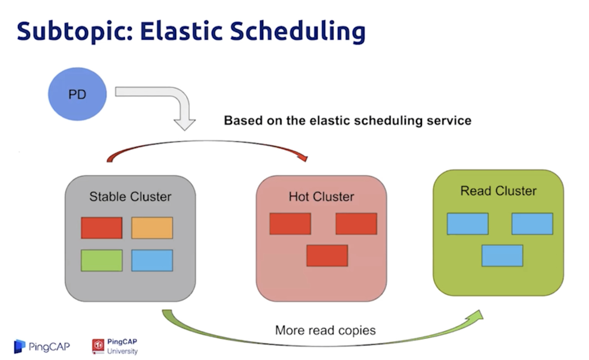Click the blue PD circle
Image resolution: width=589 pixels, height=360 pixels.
click(77, 94)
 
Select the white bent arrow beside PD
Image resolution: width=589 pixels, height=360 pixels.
click(180, 100)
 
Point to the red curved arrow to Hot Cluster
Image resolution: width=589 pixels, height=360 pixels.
click(207, 143)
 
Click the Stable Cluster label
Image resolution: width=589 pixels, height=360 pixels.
click(130, 197)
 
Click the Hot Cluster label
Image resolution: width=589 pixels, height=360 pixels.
click(321, 197)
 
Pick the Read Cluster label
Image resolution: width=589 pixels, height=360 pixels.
click(498, 191)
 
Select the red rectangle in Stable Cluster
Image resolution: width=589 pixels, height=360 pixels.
click(102, 228)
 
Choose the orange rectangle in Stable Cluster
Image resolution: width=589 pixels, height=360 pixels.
click(152, 228)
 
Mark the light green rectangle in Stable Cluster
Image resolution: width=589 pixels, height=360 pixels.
click(102, 260)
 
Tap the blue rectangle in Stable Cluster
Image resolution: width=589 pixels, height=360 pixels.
click(152, 260)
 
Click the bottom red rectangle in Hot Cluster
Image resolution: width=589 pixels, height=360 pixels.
click(327, 256)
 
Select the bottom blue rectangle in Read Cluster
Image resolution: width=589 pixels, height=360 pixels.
click(502, 256)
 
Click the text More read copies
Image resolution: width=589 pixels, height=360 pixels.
click(325, 330)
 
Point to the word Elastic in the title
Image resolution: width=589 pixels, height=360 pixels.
click(181, 31)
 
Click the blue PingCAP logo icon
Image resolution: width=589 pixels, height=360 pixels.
click(19, 346)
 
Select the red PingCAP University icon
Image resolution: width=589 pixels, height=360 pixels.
click(98, 346)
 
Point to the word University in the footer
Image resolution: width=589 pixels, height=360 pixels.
click(122, 351)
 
